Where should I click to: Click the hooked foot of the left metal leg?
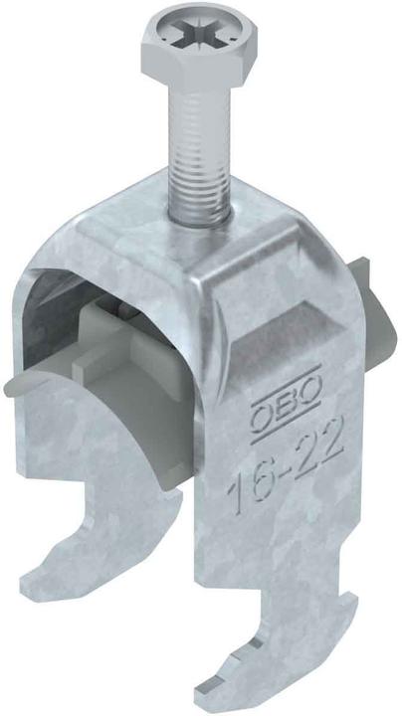click(60, 577)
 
